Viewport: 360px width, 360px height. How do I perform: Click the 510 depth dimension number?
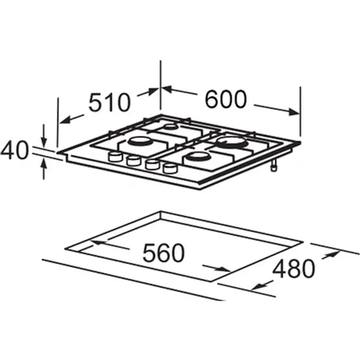109,102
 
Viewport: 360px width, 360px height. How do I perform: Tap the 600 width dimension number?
225,99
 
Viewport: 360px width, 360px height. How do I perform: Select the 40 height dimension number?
14,150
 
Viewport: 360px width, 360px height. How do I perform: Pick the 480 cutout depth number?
293,269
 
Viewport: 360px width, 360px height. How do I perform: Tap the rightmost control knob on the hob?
170,168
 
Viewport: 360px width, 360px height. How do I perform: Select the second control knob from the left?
133,161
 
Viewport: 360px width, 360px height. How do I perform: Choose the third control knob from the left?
152,164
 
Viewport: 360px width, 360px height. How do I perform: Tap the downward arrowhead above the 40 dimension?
44,142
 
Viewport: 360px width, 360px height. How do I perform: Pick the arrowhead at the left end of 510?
65,120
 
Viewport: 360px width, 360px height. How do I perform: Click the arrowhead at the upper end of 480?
334,254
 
